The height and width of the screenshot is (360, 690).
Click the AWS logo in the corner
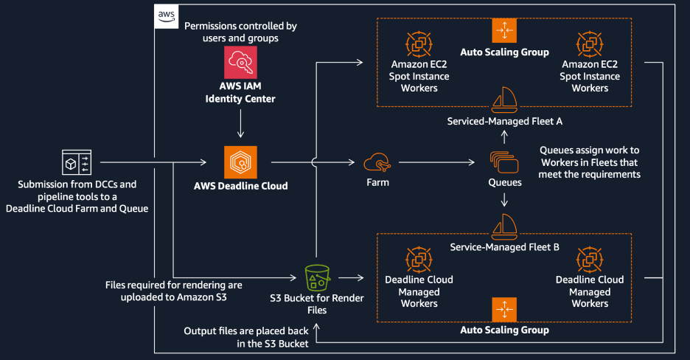(x=165, y=15)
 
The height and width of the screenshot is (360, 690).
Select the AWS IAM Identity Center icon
(x=240, y=63)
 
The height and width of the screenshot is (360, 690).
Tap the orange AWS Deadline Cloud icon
(x=240, y=161)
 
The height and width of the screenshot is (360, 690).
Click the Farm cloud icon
(x=376, y=162)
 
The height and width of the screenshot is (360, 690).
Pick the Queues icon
(x=504, y=162)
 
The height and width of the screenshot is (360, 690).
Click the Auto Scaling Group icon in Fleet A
(x=504, y=30)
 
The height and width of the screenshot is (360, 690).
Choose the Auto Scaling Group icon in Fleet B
(x=504, y=308)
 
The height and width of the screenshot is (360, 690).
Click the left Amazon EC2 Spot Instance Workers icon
(x=418, y=44)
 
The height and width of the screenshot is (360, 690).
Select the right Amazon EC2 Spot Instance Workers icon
(x=590, y=44)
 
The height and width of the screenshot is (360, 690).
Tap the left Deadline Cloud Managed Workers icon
(x=418, y=258)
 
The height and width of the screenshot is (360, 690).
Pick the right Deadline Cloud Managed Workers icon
(x=590, y=258)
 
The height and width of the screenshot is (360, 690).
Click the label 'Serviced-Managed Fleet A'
(x=504, y=120)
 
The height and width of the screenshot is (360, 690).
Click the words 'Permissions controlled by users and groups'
(x=240, y=32)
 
